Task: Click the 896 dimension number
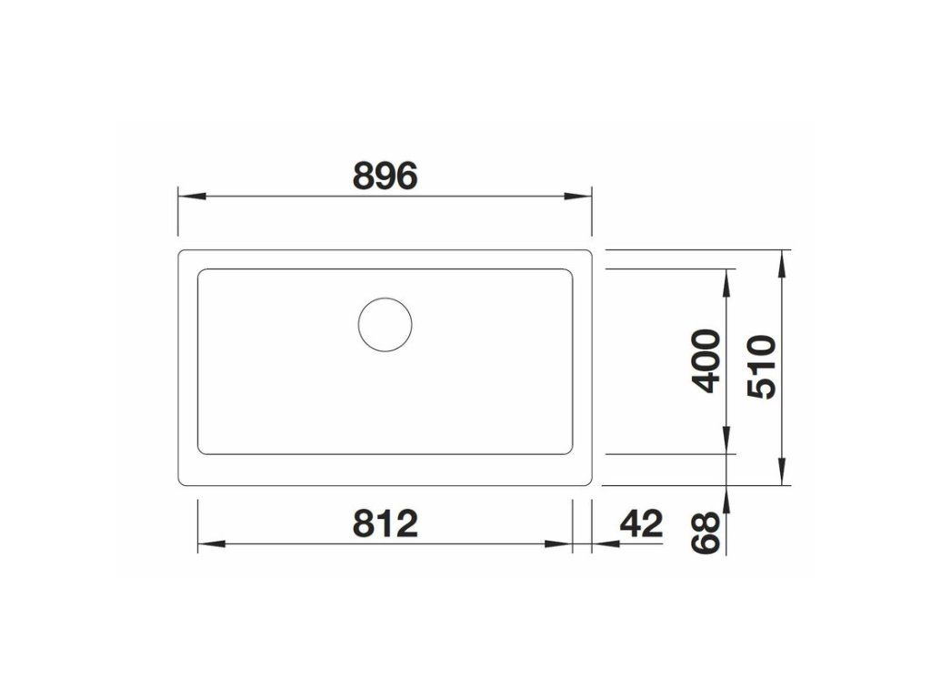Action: pyautogui.click(x=385, y=176)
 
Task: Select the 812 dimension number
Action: pyautogui.click(x=385, y=523)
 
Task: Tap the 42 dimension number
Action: pyautogui.click(x=641, y=523)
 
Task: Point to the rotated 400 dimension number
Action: pyautogui.click(x=706, y=360)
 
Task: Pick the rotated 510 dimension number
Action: pyautogui.click(x=762, y=367)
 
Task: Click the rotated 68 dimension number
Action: pyautogui.click(x=706, y=533)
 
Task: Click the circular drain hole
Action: pyautogui.click(x=385, y=325)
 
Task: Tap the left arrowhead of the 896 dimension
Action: pyautogui.click(x=192, y=196)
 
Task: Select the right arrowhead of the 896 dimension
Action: pyautogui.click(x=578, y=196)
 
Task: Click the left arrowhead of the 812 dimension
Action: pyautogui.click(x=211, y=544)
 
